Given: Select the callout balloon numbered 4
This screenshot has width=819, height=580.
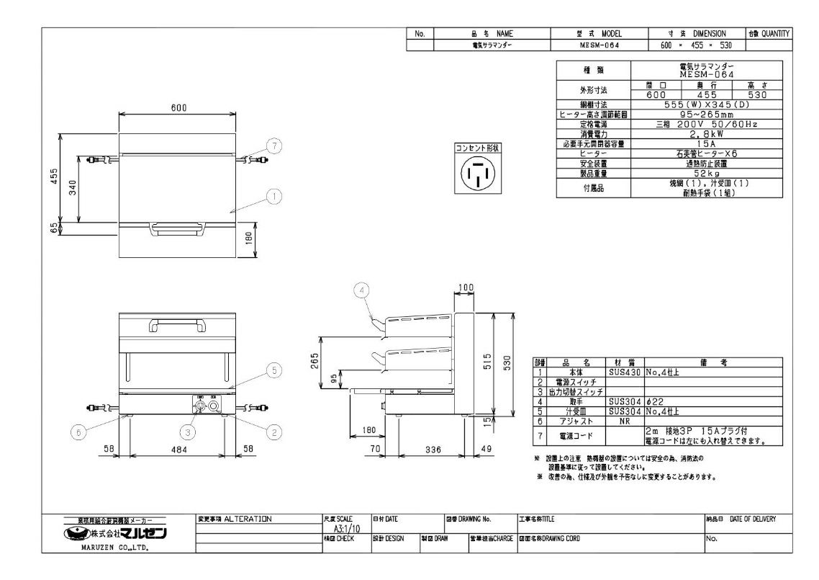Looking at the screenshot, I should pos(363,290).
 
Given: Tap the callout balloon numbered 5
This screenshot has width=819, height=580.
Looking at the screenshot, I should pos(274,371).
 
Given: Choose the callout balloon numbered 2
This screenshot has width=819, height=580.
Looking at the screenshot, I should pos(273,432).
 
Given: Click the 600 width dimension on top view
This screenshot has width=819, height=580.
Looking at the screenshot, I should pos(178,108).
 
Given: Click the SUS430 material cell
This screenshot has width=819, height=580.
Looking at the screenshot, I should pos(625,372).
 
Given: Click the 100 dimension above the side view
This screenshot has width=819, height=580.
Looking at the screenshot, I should pos(466,288).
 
